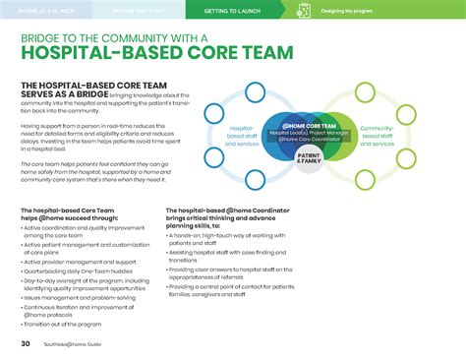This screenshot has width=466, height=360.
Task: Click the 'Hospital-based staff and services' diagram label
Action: (x=242, y=135)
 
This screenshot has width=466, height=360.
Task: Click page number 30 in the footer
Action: (x=25, y=343)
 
